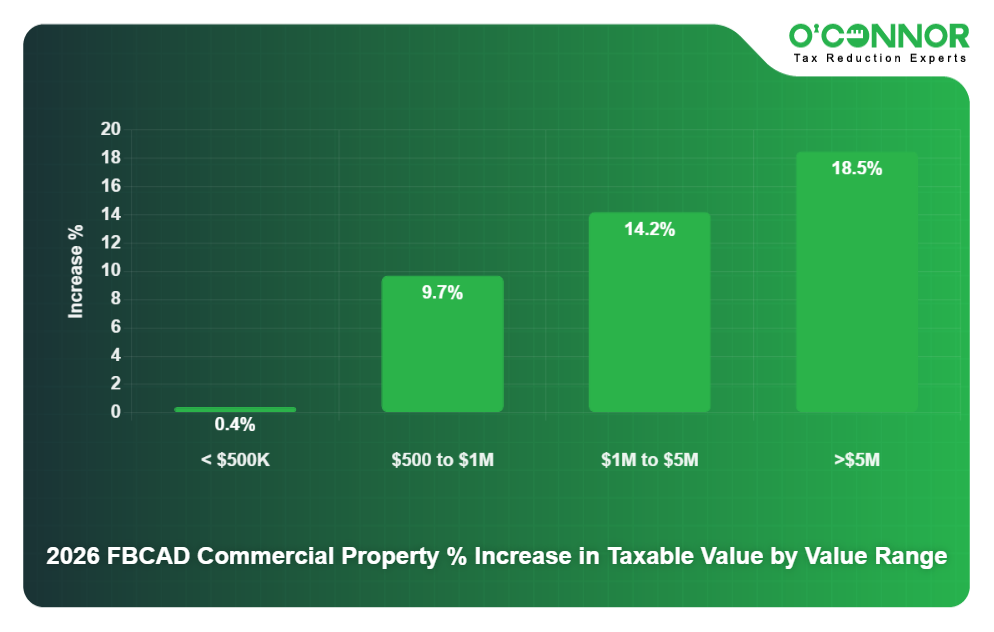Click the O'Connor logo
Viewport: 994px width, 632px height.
(x=878, y=36)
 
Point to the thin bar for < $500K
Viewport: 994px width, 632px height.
(x=235, y=409)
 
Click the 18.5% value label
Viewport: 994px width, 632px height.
(x=857, y=169)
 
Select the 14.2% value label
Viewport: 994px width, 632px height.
(x=649, y=230)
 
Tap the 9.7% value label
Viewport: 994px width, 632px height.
(x=442, y=293)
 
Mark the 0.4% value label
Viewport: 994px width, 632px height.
(x=235, y=425)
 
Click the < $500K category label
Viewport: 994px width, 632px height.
(x=235, y=461)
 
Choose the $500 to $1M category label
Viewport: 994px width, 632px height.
(x=442, y=461)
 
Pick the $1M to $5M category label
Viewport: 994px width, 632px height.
(x=649, y=461)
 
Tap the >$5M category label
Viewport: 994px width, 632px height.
(x=857, y=461)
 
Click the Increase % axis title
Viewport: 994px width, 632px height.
(x=76, y=271)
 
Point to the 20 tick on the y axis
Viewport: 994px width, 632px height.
(x=110, y=130)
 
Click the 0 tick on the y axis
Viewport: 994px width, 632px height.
(x=115, y=412)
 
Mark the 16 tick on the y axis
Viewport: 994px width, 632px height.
(x=110, y=186)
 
